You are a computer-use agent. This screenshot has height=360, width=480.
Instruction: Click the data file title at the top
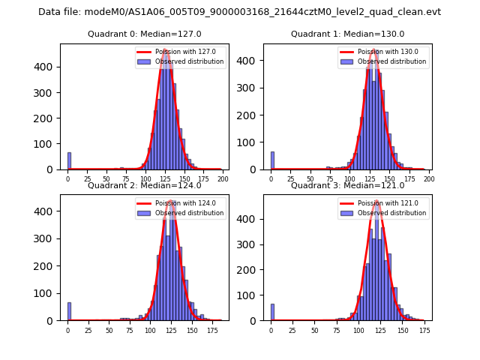coord(239,12)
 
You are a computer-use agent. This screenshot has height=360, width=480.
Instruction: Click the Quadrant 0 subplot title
coord(144,34)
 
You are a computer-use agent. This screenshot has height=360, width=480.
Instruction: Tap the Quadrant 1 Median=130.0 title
coord(347,34)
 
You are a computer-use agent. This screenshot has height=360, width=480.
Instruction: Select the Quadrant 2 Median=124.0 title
coord(144,185)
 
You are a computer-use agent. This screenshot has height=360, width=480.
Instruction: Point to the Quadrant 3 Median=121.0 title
coord(347,185)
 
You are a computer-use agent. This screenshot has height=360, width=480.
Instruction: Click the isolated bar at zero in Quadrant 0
coord(69,161)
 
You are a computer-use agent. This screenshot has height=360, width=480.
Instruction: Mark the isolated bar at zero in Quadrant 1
coord(272,161)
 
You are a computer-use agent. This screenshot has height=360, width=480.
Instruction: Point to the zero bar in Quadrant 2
coord(69,312)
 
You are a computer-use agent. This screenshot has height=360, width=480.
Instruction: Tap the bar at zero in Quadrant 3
coord(272,312)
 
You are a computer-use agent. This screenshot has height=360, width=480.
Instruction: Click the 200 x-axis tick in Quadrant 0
coord(222,180)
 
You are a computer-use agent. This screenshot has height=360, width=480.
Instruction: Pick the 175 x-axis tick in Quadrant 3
coord(424,331)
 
